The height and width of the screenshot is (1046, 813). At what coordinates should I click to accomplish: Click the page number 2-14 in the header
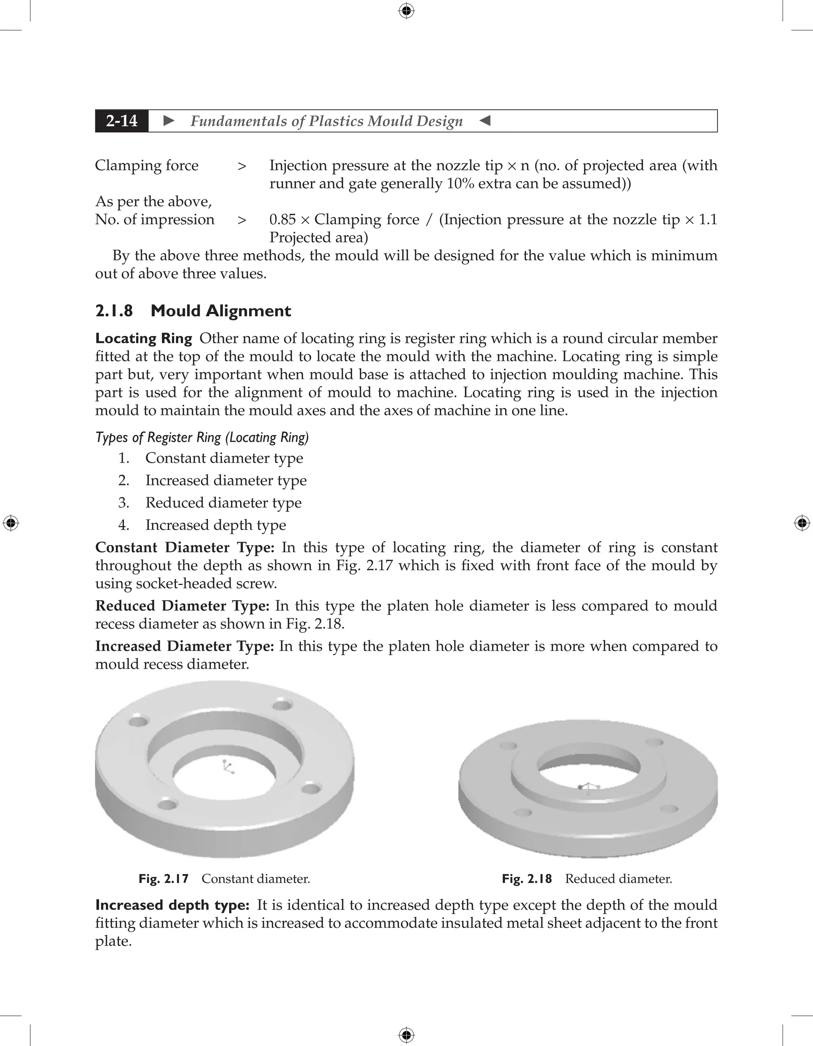(x=122, y=121)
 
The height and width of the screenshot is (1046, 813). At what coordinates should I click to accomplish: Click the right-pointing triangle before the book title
(x=169, y=121)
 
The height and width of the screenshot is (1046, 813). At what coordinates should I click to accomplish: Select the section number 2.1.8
(x=114, y=311)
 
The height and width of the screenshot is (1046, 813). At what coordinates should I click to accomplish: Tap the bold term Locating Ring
(x=143, y=338)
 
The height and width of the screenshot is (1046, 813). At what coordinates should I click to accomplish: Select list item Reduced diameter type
(x=223, y=502)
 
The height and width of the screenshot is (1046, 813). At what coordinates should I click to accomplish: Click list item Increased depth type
(x=216, y=525)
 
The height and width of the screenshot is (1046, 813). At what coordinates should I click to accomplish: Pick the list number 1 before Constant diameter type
(x=123, y=458)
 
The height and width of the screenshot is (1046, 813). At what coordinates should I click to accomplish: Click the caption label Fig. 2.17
(x=164, y=879)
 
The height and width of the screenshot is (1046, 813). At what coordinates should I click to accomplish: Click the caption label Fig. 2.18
(x=526, y=879)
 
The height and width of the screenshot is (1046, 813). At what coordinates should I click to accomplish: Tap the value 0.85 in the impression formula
(x=282, y=219)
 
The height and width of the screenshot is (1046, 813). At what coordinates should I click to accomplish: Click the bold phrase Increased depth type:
(x=172, y=905)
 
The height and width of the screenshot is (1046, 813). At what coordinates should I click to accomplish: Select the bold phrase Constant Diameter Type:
(x=185, y=548)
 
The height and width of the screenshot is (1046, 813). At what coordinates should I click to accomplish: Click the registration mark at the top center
(x=406, y=11)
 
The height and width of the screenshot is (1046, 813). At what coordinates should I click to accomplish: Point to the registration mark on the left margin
(x=11, y=523)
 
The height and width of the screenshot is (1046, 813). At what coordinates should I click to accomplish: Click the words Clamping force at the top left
(x=146, y=165)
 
